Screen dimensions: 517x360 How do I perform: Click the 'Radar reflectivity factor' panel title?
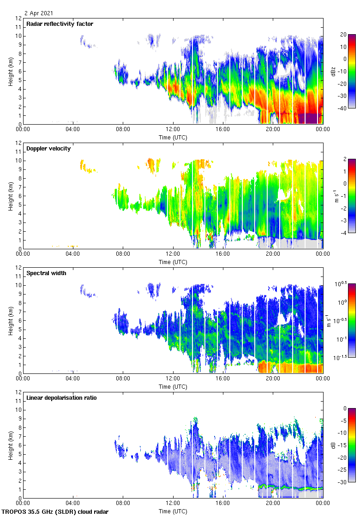click(x=60, y=24)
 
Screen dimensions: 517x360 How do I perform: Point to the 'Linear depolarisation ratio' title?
click(x=61, y=397)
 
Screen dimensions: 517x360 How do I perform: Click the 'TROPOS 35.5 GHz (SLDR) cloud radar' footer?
click(x=55, y=511)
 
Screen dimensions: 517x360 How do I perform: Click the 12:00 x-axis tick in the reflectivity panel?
click(x=173, y=129)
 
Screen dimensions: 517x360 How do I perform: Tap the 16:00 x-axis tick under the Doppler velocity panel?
click(x=223, y=254)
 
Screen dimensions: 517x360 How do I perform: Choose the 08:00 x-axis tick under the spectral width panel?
click(x=123, y=379)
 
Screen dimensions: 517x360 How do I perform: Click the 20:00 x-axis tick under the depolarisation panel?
click(x=273, y=503)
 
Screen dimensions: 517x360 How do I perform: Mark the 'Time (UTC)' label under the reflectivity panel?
click(x=173, y=137)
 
